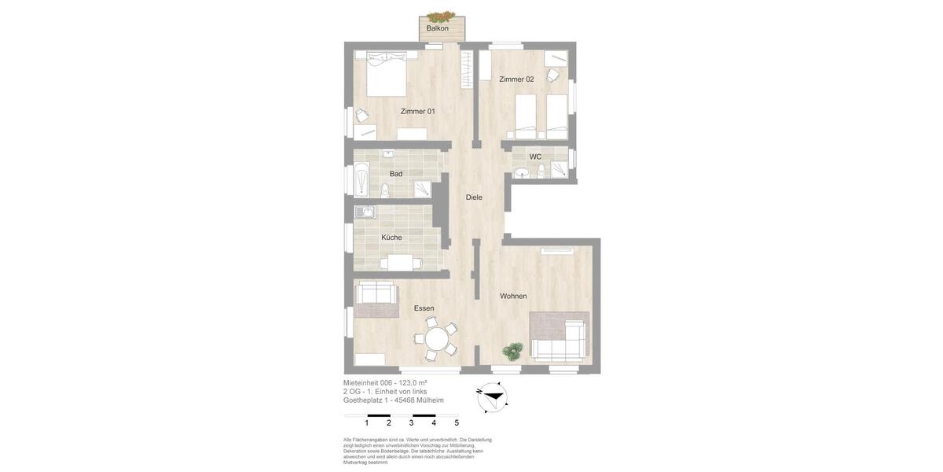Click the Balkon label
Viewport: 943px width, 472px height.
438,28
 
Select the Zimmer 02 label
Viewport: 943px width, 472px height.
516,79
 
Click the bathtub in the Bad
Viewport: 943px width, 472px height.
361,179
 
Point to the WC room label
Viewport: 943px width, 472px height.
535,157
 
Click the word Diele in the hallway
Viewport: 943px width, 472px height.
474,197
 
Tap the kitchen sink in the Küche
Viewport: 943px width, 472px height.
365,212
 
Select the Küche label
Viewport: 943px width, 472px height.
391,238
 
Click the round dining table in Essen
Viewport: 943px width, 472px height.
436,339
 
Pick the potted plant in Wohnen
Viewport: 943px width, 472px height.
514,349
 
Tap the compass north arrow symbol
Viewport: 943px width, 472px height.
492,397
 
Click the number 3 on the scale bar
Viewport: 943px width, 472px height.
411,423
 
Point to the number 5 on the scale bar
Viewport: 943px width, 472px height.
457,423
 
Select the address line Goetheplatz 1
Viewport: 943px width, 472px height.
393,400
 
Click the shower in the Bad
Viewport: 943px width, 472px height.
422,189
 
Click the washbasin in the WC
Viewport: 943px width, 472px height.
522,173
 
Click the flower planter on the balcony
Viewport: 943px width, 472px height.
442,17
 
